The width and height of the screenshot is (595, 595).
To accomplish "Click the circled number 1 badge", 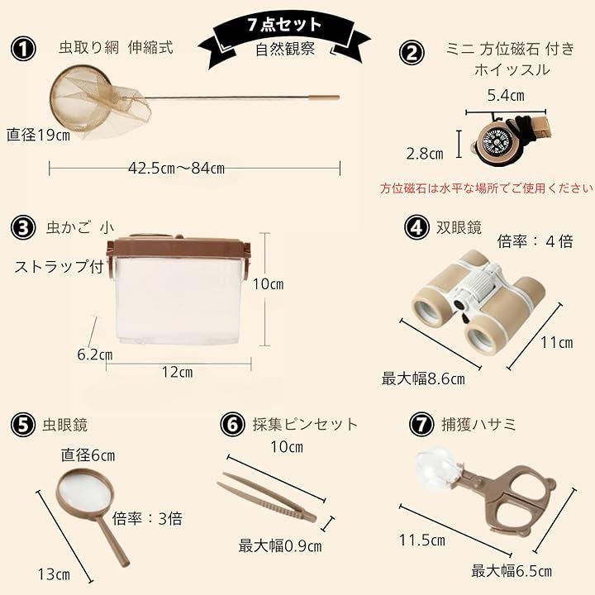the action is pos(23,49).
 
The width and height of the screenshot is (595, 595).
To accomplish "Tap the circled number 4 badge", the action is pos(416,228).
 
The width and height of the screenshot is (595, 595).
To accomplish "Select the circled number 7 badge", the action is pos(421,424).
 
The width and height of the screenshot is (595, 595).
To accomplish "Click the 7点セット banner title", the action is pos(284,25).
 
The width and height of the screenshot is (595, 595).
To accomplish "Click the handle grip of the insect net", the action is pos(325,98).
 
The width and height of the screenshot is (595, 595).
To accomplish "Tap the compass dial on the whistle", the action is pos(493,140).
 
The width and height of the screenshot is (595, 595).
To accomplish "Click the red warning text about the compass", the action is pos(487,188).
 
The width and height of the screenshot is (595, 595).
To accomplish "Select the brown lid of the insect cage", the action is pos(178,247).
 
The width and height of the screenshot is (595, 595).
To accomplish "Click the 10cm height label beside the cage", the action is pos(268,283).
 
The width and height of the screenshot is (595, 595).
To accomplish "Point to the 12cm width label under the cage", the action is pos(177,372).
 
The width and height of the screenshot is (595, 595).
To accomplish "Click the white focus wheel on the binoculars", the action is pos(482,287).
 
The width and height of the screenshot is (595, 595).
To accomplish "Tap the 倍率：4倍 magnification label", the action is pos(535,241).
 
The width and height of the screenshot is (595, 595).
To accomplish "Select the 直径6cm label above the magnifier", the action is pos(88,455).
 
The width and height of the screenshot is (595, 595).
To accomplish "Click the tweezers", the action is pos(266,497).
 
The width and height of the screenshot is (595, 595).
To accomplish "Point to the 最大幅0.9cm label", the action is pos(280,546).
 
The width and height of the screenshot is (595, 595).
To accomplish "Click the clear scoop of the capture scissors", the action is pos(437,469).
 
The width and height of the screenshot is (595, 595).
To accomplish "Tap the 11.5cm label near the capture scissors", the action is pos(422,540).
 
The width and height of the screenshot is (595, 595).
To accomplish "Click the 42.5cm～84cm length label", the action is pos(177,168).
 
